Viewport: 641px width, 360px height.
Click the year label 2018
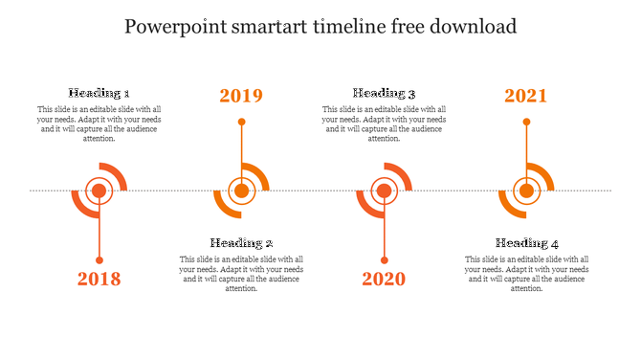[x=99, y=280]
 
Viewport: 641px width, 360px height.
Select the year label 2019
[x=241, y=96]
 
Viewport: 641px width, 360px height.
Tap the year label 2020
[x=384, y=280]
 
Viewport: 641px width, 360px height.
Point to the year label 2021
[x=526, y=96]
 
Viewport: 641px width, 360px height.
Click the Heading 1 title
[x=99, y=93]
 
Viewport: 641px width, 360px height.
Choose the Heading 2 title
[x=242, y=243]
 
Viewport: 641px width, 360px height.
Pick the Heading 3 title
[x=385, y=93]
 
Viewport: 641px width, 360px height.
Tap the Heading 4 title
[x=527, y=243]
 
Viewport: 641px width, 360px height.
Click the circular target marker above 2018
[x=99, y=191]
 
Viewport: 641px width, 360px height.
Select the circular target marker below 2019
[x=241, y=191]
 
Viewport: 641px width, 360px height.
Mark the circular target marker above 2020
[x=384, y=191]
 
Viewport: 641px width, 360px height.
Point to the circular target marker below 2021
[x=526, y=191]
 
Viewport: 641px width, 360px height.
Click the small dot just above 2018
[x=99, y=260]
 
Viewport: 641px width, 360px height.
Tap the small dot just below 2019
[x=241, y=122]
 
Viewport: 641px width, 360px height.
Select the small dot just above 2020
[x=384, y=260]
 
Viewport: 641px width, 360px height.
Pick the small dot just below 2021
[x=526, y=122]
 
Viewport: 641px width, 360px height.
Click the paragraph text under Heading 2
[x=242, y=274]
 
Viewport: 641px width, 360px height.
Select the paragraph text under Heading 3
[x=385, y=124]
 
